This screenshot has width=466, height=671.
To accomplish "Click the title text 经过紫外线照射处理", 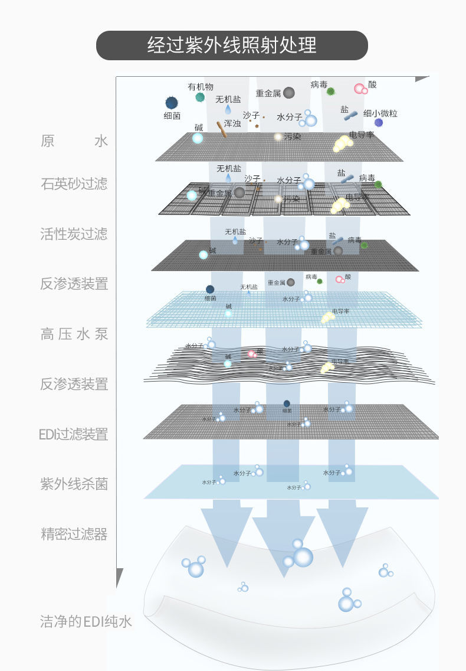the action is coord(232,45).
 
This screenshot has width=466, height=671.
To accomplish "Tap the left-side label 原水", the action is coord(74,141).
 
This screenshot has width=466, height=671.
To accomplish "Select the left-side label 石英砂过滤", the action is coord(74,183).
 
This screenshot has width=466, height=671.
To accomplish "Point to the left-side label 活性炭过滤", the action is coord(74,233).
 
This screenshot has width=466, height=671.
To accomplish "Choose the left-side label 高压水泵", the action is coord(74,334).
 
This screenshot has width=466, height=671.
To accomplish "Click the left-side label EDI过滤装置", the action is coord(74,434).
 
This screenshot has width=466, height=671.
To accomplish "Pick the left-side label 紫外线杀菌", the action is coord(74,484).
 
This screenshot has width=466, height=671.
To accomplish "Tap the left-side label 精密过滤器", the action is coord(74,535).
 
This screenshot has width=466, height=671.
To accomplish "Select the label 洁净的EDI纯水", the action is coord(86,621).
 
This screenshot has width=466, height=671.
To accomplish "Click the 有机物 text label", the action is coord(201,87).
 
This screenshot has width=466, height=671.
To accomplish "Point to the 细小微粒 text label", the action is coord(380,113).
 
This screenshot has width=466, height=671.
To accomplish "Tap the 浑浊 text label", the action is coord(232,123).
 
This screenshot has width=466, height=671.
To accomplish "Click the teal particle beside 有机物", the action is coord(200,97).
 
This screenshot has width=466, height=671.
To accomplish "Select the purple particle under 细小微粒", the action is coord(379,123).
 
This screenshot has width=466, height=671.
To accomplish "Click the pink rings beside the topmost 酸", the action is coord(360,89).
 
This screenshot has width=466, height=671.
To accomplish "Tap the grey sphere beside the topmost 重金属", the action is coord(288,93).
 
